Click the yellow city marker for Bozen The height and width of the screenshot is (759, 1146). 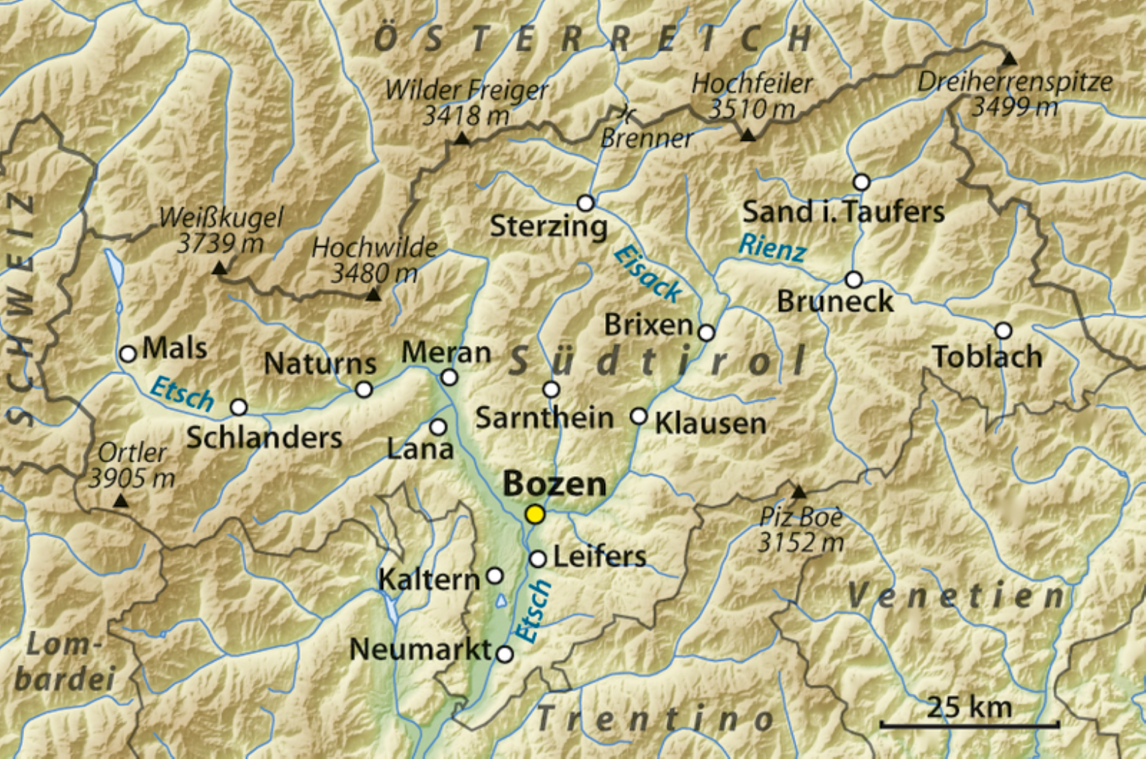coord(535,514)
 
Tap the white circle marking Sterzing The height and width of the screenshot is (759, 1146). coord(585,203)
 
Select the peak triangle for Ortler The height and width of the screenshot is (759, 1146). coord(120,500)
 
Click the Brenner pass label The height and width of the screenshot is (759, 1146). coord(646,138)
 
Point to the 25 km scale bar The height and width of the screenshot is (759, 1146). coord(969,724)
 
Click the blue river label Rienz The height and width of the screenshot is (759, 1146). coord(772,249)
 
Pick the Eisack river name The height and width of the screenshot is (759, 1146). coord(647,274)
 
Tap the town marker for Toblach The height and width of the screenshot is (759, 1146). coord(1003,330)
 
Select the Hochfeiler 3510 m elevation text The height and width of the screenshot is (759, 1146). coord(752,108)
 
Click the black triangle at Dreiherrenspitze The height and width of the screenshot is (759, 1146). coord(1010,60)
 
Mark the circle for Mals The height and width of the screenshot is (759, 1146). coord(128,354)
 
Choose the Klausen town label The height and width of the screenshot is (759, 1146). coord(710,423)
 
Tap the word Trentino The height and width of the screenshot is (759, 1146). coord(655,720)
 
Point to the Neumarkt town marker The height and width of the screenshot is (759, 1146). coord(505,654)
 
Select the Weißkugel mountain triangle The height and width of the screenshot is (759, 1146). coord(219,268)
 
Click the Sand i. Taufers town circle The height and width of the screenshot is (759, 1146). coord(861,182)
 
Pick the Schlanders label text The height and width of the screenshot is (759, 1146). coord(264,438)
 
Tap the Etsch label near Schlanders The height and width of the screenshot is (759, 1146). coord(182,394)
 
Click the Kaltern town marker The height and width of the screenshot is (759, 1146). coord(495,575)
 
